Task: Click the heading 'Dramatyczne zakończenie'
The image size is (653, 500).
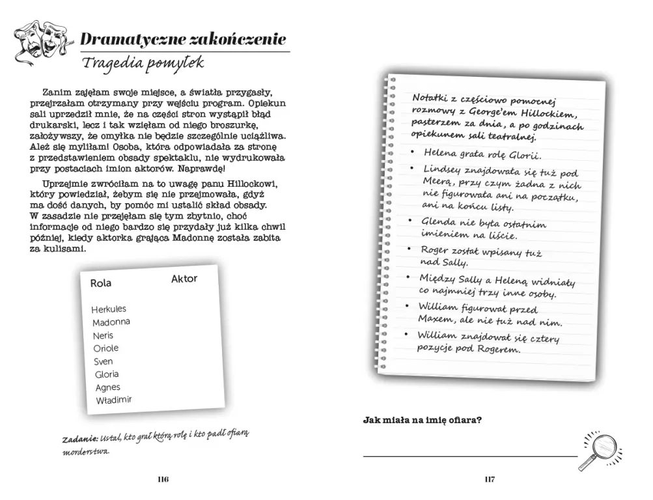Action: click(183, 40)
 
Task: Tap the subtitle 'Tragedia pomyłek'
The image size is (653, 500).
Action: click(143, 63)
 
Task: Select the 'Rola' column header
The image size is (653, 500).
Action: click(101, 283)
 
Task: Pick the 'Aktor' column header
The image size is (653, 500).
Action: click(184, 279)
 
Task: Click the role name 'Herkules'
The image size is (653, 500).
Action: click(109, 309)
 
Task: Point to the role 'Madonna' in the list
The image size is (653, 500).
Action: click(111, 322)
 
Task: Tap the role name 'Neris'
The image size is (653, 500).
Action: click(103, 335)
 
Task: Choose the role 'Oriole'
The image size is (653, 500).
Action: click(106, 348)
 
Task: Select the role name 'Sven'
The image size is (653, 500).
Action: click(103, 361)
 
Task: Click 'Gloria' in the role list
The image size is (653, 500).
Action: click(107, 374)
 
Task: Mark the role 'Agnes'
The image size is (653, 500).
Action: click(107, 387)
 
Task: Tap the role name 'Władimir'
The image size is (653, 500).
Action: click(113, 400)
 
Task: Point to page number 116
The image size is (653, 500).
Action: click(163, 480)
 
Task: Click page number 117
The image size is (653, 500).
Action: click(490, 480)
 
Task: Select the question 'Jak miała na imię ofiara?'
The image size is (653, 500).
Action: click(422, 420)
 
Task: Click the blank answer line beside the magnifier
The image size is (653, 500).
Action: click(469, 456)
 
